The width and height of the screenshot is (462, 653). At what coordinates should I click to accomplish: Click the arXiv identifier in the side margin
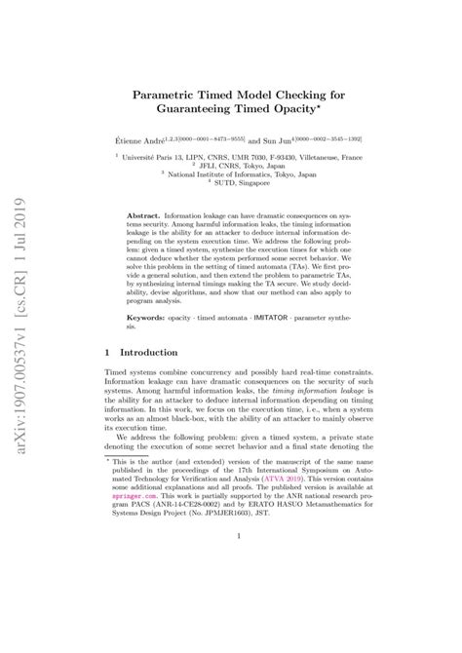[28, 301]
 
